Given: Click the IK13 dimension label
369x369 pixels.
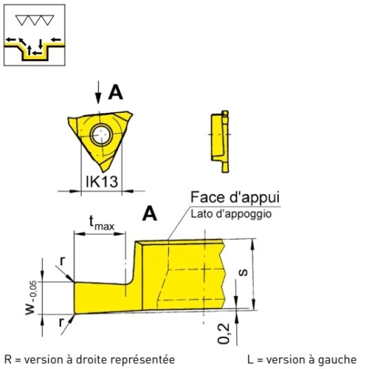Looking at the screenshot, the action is (102, 182).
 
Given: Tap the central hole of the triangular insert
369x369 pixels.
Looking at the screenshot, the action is (101, 135).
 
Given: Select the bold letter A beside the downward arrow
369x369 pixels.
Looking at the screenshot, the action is (116, 92).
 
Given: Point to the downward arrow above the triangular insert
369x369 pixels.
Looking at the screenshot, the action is (98, 92).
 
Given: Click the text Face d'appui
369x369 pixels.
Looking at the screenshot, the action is (235, 197).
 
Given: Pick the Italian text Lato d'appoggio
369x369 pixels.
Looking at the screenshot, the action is (231, 214).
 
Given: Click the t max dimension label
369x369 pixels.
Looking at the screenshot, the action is (101, 223).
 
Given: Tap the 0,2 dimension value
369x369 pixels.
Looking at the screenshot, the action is (224, 333).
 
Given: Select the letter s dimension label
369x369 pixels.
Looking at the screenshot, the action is (244, 272).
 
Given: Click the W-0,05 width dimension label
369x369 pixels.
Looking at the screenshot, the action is (31, 297).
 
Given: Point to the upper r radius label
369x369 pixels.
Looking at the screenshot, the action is (63, 261).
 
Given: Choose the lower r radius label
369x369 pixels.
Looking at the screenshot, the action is (61, 322).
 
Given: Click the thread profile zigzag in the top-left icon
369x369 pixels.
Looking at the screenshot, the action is (35, 20).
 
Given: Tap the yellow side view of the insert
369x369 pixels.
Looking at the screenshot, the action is (220, 142).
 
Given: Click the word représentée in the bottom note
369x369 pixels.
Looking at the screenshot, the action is (142, 360).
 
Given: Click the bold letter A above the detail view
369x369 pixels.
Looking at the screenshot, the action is (150, 213).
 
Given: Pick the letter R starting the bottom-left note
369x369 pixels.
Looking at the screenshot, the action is (8, 359).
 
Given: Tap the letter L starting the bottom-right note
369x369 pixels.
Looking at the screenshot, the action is (250, 359).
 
